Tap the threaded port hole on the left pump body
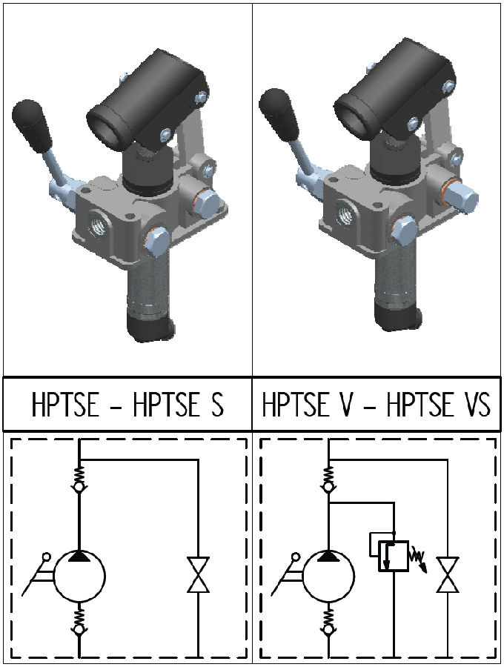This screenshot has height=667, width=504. [97, 222]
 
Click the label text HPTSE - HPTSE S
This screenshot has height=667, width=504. [127, 406]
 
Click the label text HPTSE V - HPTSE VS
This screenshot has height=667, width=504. [377, 406]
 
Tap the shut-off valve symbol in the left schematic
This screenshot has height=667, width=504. [198, 575]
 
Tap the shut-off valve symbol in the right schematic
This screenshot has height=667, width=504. [447, 575]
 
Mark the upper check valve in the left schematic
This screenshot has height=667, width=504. [79, 479]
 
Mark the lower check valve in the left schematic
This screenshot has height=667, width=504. [79, 623]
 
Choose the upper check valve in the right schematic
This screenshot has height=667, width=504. [327, 479]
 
